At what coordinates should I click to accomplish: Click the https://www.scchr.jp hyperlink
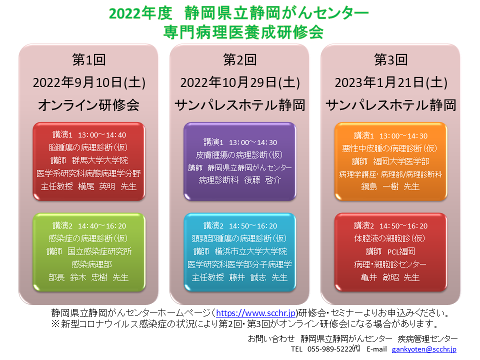pyautogui.click(x=256, y=313)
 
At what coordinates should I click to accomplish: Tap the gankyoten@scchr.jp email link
pyautogui.click(x=424, y=349)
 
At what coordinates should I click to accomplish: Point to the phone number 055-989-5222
pyautogui.click(x=329, y=349)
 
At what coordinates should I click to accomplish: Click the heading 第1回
pyautogui.click(x=89, y=59)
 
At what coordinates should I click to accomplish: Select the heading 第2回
pyautogui.click(x=239, y=59)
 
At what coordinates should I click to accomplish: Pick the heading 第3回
pyautogui.click(x=391, y=59)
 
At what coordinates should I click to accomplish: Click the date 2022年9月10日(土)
pyautogui.click(x=89, y=82)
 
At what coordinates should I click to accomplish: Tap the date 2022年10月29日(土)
pyautogui.click(x=240, y=82)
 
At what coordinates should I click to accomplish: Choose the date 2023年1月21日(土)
pyautogui.click(x=391, y=82)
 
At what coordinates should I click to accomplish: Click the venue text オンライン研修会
pyautogui.click(x=89, y=105)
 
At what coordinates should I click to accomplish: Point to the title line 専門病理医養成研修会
pyautogui.click(x=243, y=32)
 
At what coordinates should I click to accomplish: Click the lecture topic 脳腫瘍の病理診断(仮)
pyautogui.click(x=88, y=147)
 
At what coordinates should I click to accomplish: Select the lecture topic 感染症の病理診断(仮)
pyautogui.click(x=88, y=238)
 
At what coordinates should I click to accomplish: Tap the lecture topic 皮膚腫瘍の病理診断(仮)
pyautogui.click(x=239, y=155)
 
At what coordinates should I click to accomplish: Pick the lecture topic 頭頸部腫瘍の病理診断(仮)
pyautogui.click(x=239, y=238)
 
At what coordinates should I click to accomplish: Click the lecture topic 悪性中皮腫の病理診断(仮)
pyautogui.click(x=389, y=148)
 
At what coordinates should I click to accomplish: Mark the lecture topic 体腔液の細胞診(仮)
pyautogui.click(x=389, y=238)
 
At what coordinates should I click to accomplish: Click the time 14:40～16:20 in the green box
pyautogui.click(x=102, y=226)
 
